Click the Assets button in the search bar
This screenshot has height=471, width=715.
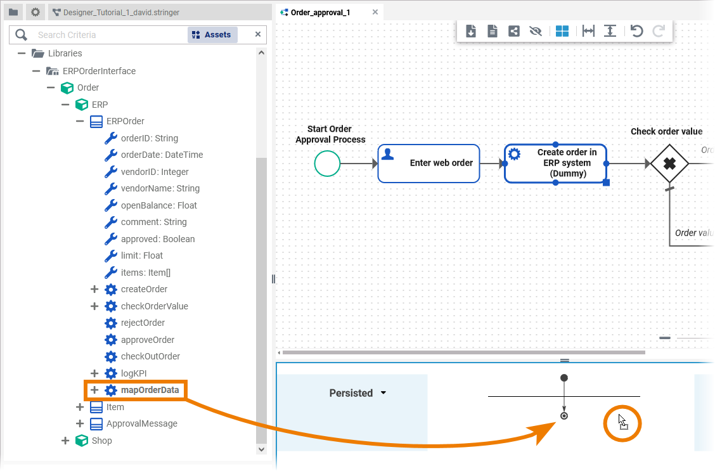click(x=212, y=35)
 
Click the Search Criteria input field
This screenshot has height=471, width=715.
click(x=108, y=35)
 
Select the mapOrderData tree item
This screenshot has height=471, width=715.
click(x=150, y=390)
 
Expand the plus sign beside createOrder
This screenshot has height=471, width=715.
click(x=94, y=289)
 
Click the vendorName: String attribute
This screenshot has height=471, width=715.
click(x=160, y=188)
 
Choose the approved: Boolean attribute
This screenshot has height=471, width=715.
click(x=157, y=239)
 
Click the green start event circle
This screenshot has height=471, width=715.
click(x=327, y=164)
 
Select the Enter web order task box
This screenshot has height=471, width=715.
click(x=428, y=164)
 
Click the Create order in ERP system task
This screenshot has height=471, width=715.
click(x=555, y=164)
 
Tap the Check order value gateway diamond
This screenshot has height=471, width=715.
click(x=669, y=164)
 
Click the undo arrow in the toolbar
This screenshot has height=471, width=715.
click(x=637, y=31)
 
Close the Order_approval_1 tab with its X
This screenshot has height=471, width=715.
click(x=375, y=12)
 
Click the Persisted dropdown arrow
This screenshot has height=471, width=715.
click(x=383, y=393)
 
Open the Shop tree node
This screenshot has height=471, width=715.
click(x=65, y=441)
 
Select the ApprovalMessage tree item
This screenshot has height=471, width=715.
click(x=141, y=423)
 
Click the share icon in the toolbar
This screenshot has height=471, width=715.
click(x=514, y=31)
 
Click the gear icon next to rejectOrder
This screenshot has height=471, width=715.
click(x=111, y=323)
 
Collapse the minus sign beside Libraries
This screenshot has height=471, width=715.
click(x=22, y=53)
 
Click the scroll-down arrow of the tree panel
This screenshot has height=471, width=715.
click(x=261, y=449)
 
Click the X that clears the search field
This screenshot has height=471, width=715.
click(x=258, y=34)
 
